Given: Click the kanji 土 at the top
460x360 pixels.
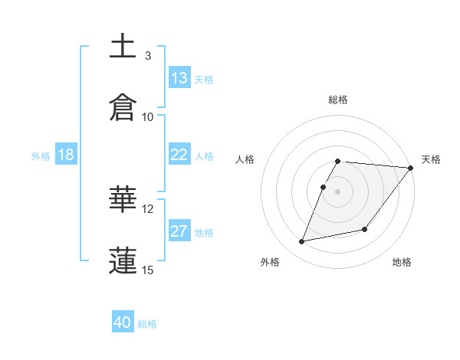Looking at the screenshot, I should pyautogui.click(x=123, y=46).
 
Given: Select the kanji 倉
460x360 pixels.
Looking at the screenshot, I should pyautogui.click(x=123, y=107).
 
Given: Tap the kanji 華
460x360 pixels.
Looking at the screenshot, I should pyautogui.click(x=123, y=201).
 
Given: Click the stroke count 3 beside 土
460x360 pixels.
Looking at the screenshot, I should pyautogui.click(x=147, y=56).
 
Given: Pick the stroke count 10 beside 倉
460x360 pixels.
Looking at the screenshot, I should pyautogui.click(x=148, y=117).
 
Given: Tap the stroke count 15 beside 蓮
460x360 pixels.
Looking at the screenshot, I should pyautogui.click(x=148, y=270).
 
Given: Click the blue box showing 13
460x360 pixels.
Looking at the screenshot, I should pyautogui.click(x=179, y=78).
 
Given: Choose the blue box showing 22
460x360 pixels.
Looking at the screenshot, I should pyautogui.click(x=179, y=155).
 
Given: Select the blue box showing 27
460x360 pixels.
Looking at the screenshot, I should pyautogui.click(x=179, y=231).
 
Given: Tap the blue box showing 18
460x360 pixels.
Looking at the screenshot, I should pyautogui.click(x=66, y=155).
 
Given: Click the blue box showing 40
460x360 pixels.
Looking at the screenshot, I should pyautogui.click(x=123, y=322).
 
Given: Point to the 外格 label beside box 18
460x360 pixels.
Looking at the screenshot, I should pyautogui.click(x=41, y=156).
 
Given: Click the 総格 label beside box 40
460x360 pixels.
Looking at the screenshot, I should pyautogui.click(x=147, y=324).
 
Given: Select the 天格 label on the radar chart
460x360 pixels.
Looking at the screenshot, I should pyautogui.click(x=431, y=159).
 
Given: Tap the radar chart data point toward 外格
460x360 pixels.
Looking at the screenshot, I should pyautogui.click(x=302, y=242).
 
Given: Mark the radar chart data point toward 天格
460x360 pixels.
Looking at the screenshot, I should pyautogui.click(x=411, y=169).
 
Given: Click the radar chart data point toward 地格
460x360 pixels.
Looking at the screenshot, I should pyautogui.click(x=365, y=229).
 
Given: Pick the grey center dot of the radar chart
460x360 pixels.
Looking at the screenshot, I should pyautogui.click(x=338, y=191).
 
